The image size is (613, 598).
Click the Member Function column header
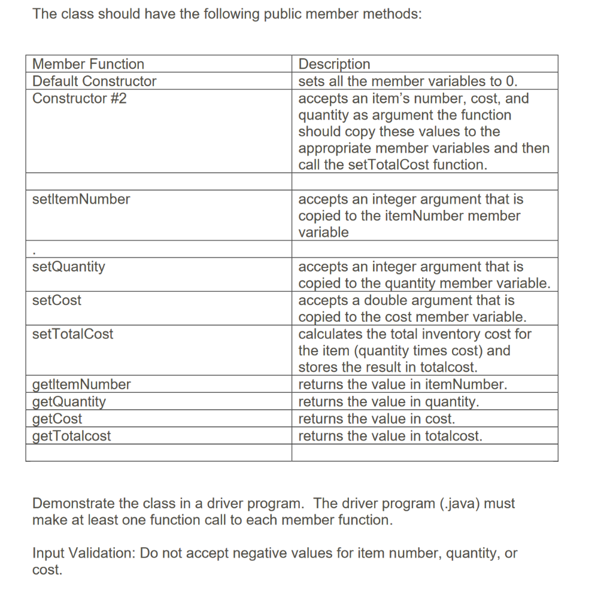click(88, 64)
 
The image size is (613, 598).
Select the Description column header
click(334, 64)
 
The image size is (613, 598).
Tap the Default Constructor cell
click(94, 81)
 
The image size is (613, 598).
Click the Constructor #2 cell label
click(79, 99)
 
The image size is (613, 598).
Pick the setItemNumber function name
click(81, 199)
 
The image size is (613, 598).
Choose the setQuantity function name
click(68, 267)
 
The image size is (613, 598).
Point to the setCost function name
click(57, 300)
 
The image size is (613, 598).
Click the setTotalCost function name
click(72, 334)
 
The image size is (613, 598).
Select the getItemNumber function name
click(81, 385)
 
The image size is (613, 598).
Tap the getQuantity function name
click(69, 401)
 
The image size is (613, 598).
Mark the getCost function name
click(57, 419)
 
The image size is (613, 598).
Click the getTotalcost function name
click(72, 436)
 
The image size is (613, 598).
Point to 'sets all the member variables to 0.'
click(408, 81)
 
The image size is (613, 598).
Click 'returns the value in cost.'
click(377, 419)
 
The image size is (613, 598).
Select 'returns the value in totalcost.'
click(390, 436)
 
